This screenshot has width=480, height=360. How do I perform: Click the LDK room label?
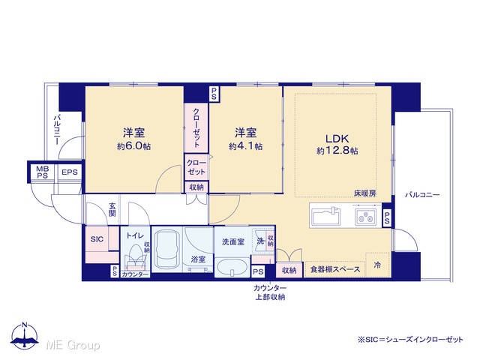point(337,139)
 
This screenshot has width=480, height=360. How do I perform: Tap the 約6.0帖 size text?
point(133,146)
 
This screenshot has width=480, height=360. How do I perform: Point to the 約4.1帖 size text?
point(245,146)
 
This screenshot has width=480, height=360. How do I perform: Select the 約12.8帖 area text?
point(337,151)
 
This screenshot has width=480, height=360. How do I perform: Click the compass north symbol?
point(25,335)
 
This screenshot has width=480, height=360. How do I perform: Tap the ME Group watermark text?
point(73,345)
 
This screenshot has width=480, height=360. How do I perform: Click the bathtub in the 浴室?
point(166,250)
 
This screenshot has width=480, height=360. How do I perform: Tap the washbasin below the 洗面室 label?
point(232,267)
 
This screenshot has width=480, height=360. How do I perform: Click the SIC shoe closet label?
point(97,239)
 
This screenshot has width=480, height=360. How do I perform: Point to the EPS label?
point(70,172)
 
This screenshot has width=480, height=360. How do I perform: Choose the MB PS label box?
point(43,172)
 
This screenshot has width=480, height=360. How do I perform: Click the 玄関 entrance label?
point(112,210)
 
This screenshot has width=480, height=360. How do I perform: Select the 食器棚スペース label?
point(335,269)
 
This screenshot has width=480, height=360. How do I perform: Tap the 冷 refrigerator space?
point(377,265)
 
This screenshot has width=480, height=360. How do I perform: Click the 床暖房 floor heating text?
point(365,193)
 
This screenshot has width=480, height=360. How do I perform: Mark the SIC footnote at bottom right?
point(410,340)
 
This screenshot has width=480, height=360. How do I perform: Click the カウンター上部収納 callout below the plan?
point(270,292)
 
